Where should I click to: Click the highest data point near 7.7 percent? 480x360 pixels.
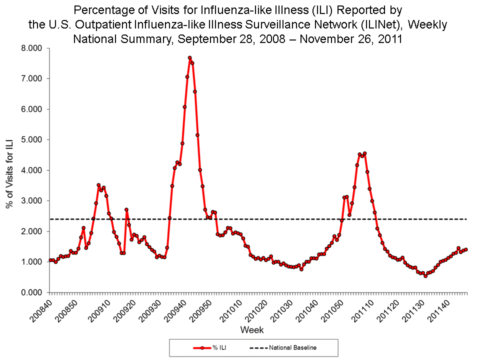pos(189,58)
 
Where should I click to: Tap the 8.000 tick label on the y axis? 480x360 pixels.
pos(31,48)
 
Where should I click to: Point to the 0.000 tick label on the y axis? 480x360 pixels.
pos(31,292)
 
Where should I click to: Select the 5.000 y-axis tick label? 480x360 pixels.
pos(31,140)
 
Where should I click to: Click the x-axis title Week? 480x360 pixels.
pos(252,330)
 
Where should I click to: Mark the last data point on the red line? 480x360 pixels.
pos(465,249)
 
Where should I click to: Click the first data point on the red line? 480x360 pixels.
pos(50,260)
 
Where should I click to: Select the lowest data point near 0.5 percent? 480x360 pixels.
pos(425,275)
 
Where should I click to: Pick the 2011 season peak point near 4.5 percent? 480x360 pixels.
pos(365,153)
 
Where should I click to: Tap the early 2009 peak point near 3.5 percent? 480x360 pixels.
pos(98,185)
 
